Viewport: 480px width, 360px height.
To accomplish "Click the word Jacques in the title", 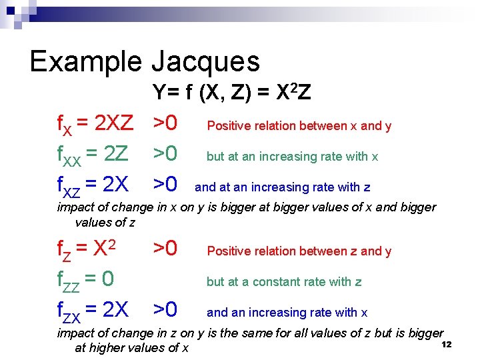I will click(x=205, y=62).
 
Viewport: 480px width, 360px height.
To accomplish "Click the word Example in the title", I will click(x=85, y=61).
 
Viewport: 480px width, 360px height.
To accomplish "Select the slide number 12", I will click(x=447, y=344).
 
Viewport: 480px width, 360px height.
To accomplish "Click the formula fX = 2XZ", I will click(x=96, y=124).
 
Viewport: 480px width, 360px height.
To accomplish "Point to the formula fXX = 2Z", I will click(x=93, y=155).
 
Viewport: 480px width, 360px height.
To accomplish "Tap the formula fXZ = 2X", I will click(x=93, y=186).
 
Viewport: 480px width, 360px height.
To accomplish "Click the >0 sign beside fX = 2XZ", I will click(x=165, y=123).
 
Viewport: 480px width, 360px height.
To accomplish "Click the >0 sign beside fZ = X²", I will click(x=165, y=249).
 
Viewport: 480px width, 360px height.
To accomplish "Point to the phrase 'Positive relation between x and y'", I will click(x=299, y=126).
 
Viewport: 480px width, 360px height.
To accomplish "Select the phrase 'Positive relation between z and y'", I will click(x=299, y=251).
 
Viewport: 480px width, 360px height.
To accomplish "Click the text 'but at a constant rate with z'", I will click(x=284, y=282).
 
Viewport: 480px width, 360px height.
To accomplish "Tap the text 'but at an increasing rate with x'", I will click(x=292, y=157).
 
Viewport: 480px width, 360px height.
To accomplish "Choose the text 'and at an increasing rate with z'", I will click(x=282, y=187).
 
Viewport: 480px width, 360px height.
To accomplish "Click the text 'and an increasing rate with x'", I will click(x=287, y=313).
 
